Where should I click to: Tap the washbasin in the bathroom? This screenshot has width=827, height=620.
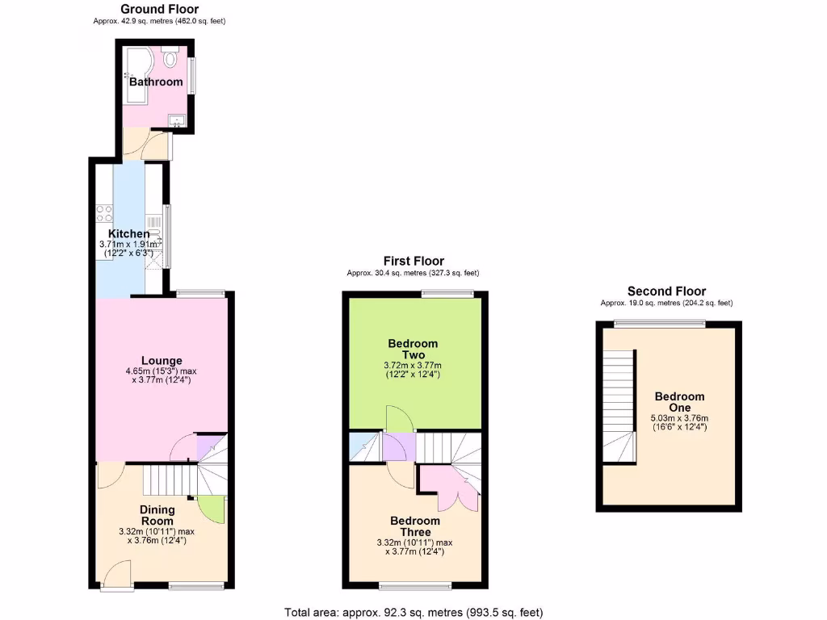coord(177,121)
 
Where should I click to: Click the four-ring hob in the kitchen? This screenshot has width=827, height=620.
coord(104,213)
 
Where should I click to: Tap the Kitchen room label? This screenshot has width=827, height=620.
coord(124,234)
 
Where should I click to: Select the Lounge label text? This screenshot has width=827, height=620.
coord(162,360)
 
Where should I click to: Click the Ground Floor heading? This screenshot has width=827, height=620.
coord(159,10)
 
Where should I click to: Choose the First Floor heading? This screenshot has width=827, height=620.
coord(413,261)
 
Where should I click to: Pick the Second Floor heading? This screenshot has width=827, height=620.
coord(666,291)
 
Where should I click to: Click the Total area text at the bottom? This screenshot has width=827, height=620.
coord(419,612)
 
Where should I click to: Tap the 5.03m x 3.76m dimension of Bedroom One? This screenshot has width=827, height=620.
coord(678,417)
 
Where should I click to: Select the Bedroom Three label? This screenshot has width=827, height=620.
coord(415,526)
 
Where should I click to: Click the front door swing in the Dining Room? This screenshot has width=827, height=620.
coord(117,575)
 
